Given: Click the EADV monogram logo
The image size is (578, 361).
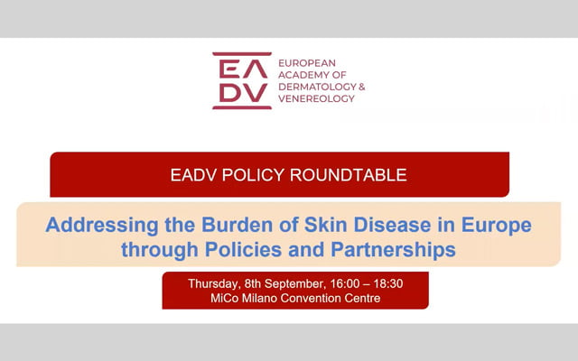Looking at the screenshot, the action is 242,80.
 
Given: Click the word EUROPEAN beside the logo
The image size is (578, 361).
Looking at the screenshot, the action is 307,63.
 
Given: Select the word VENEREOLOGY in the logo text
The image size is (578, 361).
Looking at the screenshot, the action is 316,98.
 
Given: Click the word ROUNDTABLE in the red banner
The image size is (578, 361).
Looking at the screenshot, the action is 348,175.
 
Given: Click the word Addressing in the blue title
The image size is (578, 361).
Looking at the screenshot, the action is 102,226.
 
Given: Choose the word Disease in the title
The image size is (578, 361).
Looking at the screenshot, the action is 392,225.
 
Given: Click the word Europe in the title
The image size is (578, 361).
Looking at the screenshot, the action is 497,226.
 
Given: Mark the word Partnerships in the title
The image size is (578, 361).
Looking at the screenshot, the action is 394,251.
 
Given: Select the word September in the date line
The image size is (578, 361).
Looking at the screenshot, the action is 295,284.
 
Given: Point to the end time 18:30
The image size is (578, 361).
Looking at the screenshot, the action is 387,283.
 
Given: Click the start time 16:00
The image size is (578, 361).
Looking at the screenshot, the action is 345,283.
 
